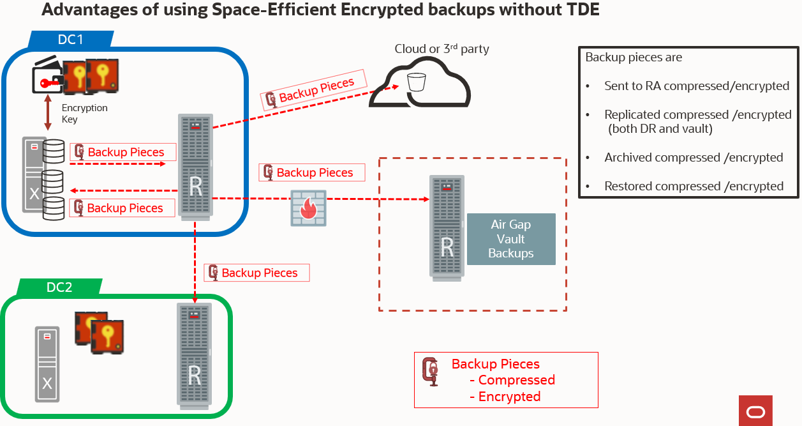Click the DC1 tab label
coord(70,40)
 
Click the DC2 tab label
coord(59,287)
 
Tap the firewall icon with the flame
coord(308,208)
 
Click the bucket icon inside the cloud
coord(416,82)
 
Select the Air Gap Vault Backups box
coord(511,239)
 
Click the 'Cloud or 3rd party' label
coord(442,49)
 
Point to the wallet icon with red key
coord(47,80)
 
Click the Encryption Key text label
coord(84,114)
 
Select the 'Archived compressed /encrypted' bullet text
coord(694,158)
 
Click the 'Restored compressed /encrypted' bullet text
coord(694,186)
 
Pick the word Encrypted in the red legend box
coord(509,397)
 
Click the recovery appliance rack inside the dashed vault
coord(447,227)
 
